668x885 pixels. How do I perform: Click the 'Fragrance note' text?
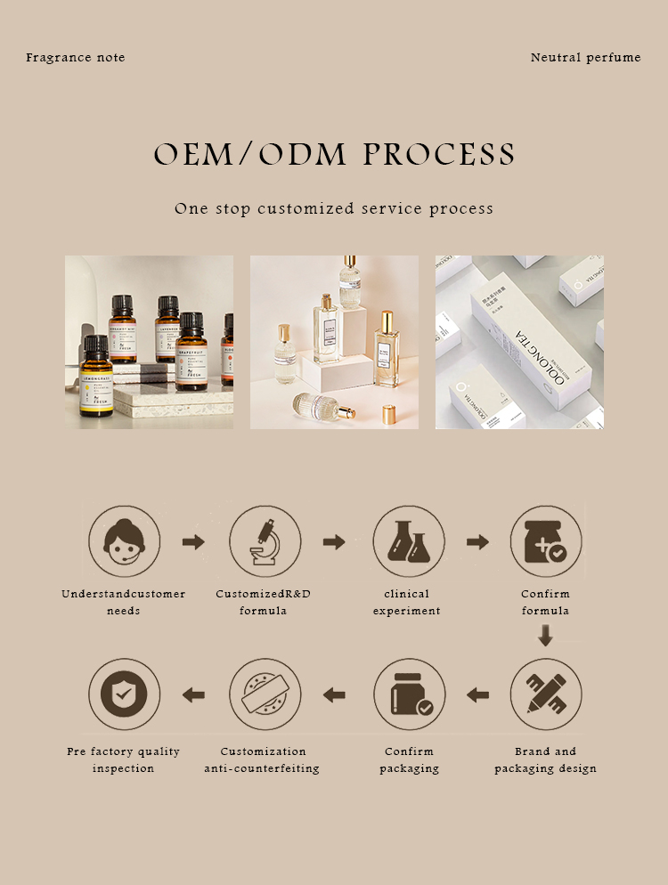(x=76, y=58)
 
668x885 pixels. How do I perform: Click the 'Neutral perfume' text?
(x=585, y=58)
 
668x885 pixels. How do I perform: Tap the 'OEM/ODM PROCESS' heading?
(x=334, y=154)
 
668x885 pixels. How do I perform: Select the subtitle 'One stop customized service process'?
(x=334, y=209)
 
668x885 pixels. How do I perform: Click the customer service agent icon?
(x=124, y=541)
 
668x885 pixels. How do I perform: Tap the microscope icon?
(x=265, y=541)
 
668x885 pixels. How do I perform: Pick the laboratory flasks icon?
(x=408, y=541)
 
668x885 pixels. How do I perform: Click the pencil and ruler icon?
(x=546, y=694)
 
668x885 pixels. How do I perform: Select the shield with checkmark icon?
(x=124, y=694)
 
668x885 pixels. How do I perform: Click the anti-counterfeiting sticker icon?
(x=265, y=694)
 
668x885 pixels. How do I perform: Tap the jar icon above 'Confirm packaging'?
(x=408, y=694)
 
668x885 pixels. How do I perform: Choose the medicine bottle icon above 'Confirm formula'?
(x=546, y=541)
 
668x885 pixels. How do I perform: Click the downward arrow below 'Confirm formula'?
(x=546, y=636)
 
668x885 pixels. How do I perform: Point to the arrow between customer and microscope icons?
(x=193, y=541)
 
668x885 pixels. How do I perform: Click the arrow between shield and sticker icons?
(x=193, y=694)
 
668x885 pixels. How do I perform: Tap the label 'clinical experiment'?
(x=407, y=603)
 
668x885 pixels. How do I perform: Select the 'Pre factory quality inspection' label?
(x=124, y=760)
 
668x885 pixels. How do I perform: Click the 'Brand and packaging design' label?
(x=546, y=760)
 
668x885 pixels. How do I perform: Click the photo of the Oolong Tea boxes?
(x=519, y=342)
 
